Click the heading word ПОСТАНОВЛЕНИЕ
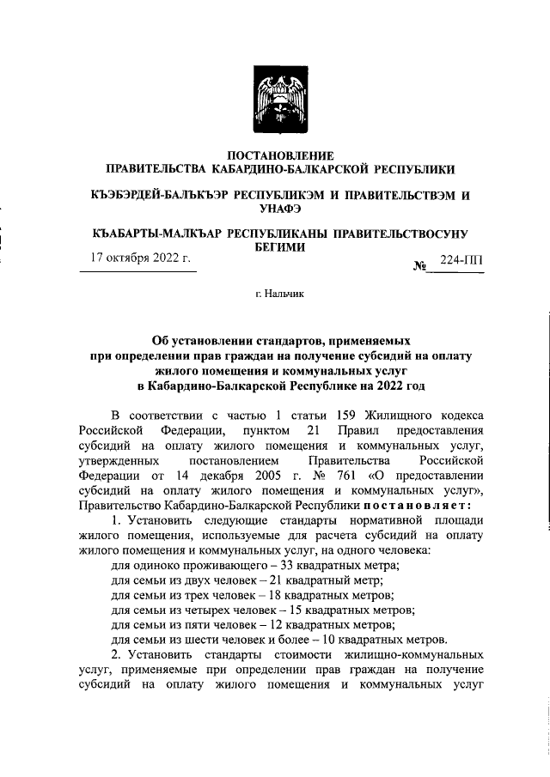274,155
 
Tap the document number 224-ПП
460,260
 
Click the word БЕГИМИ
275,246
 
